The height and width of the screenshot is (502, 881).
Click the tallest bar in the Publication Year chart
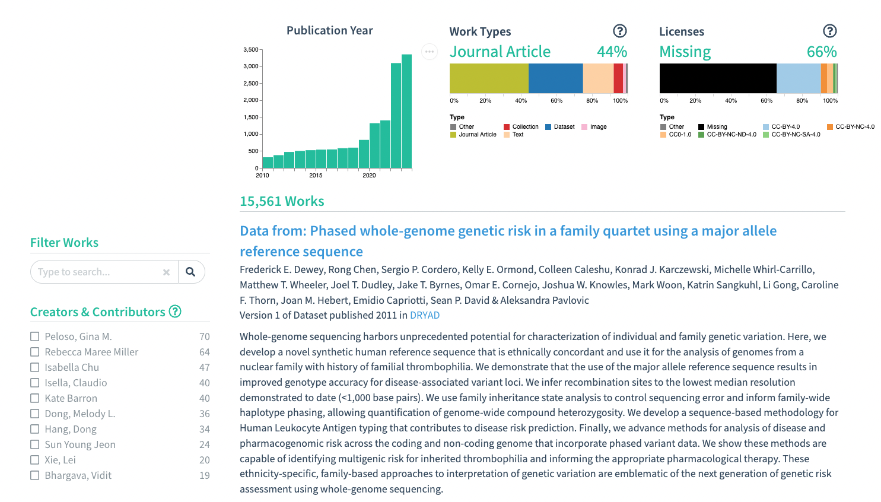click(x=406, y=112)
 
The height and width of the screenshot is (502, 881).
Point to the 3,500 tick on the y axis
click(x=251, y=50)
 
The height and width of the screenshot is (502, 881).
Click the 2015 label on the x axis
click(x=316, y=176)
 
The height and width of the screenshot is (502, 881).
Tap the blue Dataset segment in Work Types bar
click(x=555, y=78)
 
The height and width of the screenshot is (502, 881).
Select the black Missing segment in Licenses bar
click(x=718, y=78)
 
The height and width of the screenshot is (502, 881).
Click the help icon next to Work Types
click(x=619, y=31)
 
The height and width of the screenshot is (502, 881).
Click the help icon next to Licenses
click(x=829, y=31)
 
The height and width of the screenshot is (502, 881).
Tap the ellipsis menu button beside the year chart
click(x=430, y=52)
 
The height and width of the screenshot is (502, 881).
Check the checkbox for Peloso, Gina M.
click(x=35, y=336)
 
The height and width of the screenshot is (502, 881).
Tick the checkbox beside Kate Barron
click(x=35, y=398)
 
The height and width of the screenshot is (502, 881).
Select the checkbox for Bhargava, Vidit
click(x=35, y=475)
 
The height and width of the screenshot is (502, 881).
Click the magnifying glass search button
click(x=190, y=272)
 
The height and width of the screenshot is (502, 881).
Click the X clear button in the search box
click(x=166, y=272)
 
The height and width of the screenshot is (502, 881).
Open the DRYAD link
click(x=425, y=316)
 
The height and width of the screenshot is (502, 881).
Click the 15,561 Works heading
click(x=282, y=201)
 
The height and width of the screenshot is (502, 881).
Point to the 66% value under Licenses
click(x=821, y=52)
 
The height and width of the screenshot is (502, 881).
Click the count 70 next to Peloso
click(x=205, y=336)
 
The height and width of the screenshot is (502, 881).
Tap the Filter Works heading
click(x=64, y=243)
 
